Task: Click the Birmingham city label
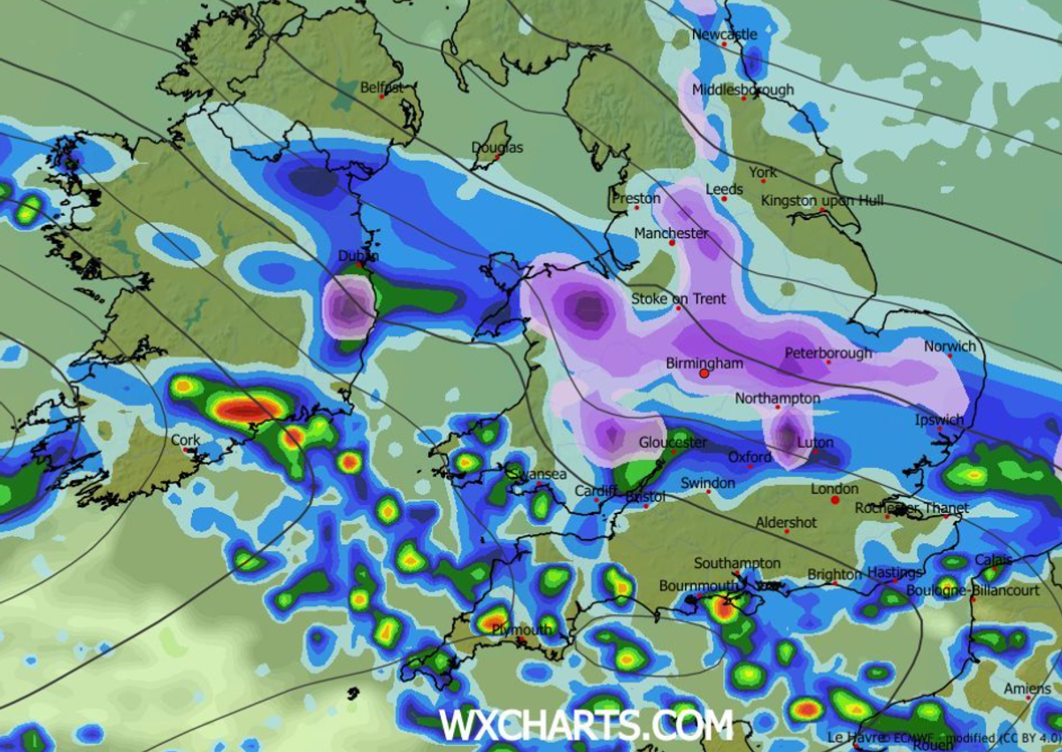[704, 363]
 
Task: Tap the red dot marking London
[835, 500]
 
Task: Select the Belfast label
[382, 88]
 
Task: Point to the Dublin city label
[358, 256]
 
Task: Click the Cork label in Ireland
[186, 440]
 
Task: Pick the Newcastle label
[724, 35]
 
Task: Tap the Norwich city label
[950, 346]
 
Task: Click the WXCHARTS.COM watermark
[586, 725]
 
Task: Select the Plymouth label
[523, 630]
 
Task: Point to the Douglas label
[497, 148]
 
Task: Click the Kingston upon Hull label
[822, 201]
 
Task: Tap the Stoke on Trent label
[678, 298]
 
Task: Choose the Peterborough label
[828, 353]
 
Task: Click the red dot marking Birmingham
[704, 374]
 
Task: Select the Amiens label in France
[1027, 688]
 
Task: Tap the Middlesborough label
[743, 89]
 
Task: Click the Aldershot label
[786, 523]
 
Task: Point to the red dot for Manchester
[672, 242]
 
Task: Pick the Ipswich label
[939, 419]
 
